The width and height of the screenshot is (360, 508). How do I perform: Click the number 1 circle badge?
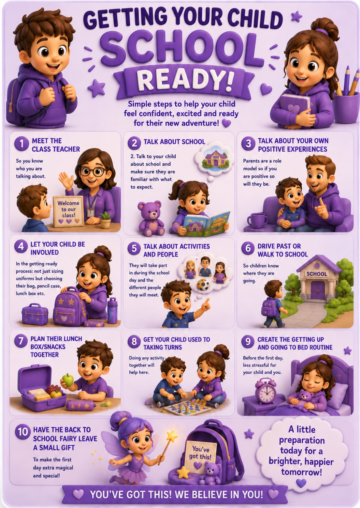click(x=21, y=144)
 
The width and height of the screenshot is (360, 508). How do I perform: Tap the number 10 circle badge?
click(x=23, y=432)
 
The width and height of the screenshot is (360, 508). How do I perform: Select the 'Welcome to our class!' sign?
click(x=68, y=211)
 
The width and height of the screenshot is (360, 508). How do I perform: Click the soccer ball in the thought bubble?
click(x=203, y=285)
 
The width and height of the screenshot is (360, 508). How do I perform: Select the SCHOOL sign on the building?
click(x=317, y=274)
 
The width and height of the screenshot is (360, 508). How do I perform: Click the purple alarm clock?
click(x=265, y=391)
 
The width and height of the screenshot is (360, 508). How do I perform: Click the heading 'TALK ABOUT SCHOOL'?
click(x=174, y=142)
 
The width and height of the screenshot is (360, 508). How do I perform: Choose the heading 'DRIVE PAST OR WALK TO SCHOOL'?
click(x=283, y=250)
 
